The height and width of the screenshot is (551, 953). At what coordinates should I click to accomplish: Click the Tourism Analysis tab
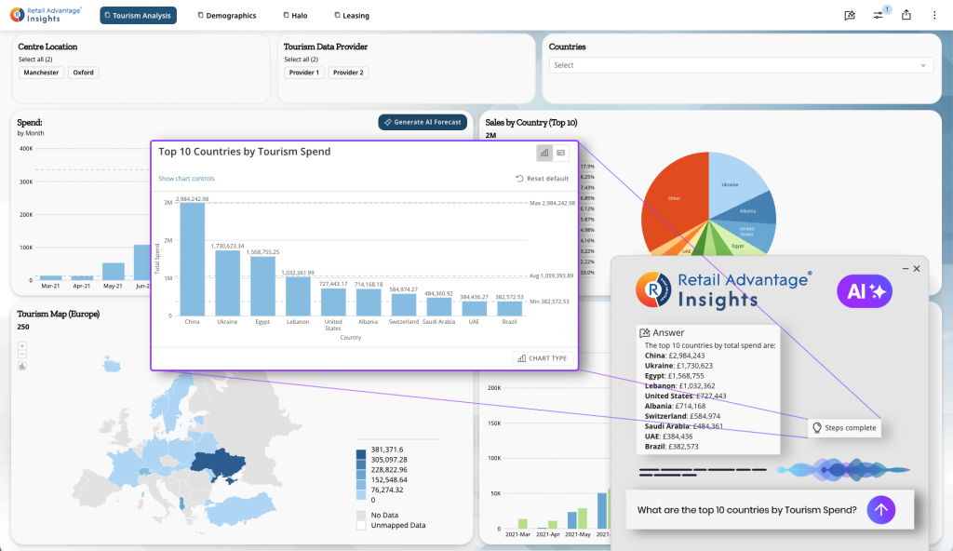[138, 15]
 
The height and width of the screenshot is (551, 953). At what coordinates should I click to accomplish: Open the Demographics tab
[227, 15]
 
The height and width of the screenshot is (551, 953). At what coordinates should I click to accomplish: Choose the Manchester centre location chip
[41, 73]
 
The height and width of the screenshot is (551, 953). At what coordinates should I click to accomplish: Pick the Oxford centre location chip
[84, 73]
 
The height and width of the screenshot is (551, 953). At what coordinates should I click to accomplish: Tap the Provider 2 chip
[349, 73]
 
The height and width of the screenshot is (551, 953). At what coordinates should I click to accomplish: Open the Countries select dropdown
[741, 65]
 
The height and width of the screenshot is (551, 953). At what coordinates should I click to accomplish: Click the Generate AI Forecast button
[423, 122]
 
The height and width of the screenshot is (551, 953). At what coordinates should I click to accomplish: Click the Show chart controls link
[186, 178]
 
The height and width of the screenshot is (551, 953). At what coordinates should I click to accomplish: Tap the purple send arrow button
[881, 509]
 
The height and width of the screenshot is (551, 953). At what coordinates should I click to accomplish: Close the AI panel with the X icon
[916, 268]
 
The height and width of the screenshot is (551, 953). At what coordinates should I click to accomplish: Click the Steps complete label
[843, 427]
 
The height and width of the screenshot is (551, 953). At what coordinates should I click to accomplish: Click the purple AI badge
[865, 291]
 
